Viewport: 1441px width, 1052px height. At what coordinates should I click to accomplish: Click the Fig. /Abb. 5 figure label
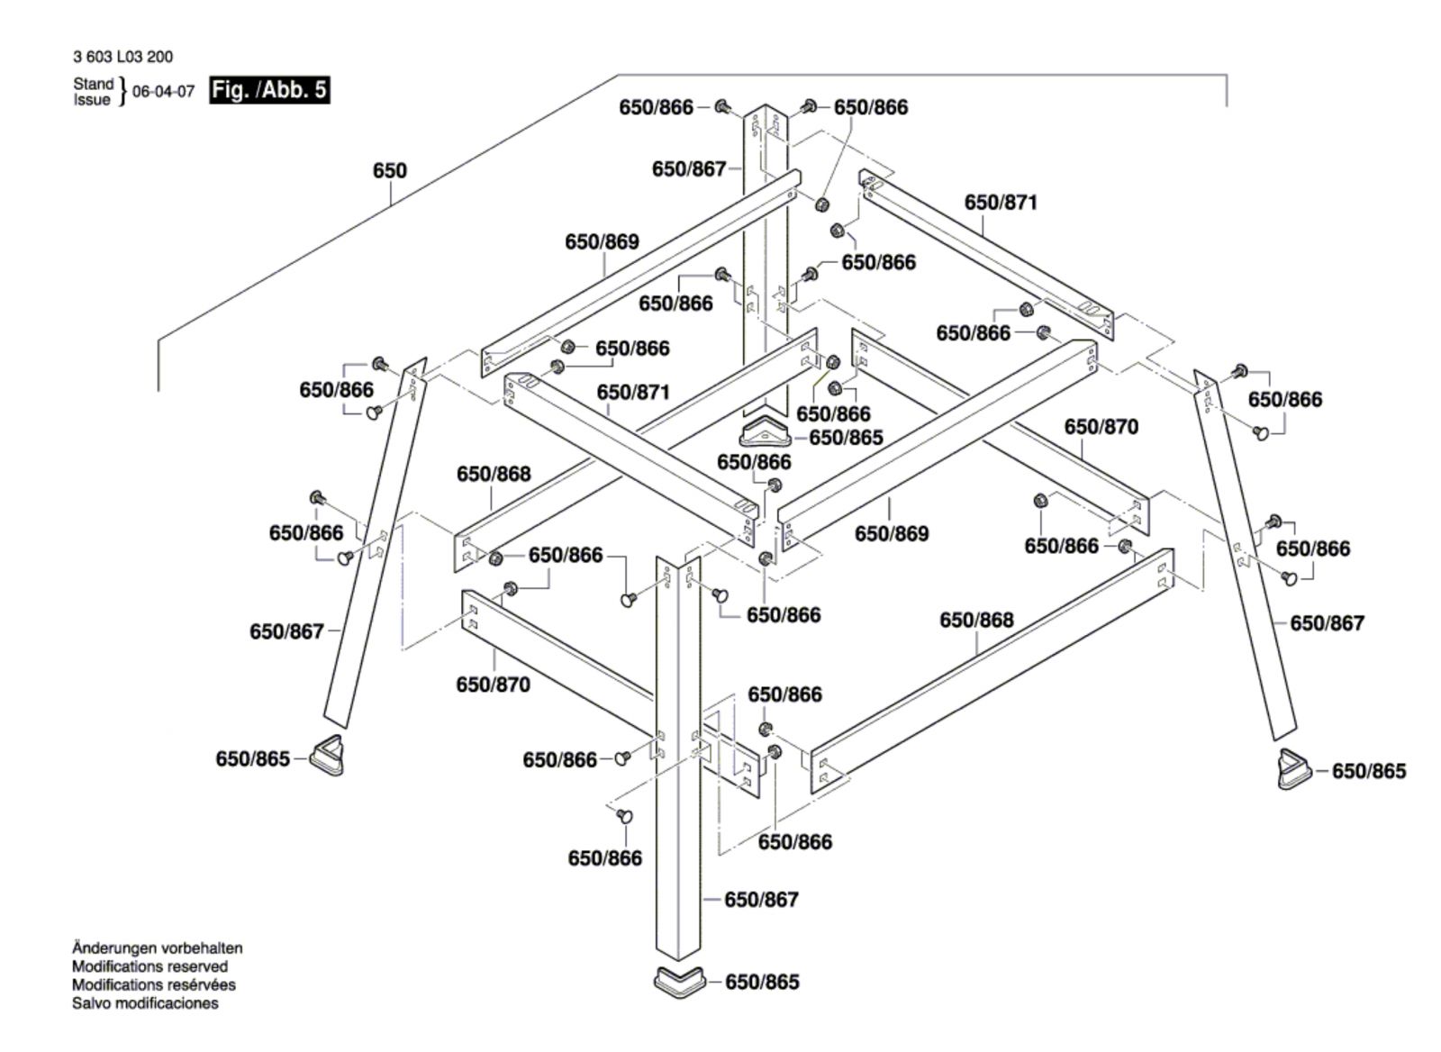coord(269,90)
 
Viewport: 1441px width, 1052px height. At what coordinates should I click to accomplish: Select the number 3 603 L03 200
coord(122,58)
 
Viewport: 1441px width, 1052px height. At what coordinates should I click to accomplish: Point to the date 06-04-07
coord(163,91)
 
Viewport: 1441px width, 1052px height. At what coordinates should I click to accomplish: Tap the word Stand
coord(94,84)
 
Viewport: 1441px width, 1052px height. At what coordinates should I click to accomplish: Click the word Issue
coord(91,100)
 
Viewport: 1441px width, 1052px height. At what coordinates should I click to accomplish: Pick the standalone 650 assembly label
coord(390,170)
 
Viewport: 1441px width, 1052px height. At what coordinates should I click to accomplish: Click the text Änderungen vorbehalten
coord(158,948)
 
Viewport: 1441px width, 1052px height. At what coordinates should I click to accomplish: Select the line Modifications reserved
coord(150,966)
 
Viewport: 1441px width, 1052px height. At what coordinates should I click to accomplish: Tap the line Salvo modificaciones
coord(145,1003)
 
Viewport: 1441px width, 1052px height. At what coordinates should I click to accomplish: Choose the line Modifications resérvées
coord(154,984)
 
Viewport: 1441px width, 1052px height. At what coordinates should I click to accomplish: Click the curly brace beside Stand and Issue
coord(122,92)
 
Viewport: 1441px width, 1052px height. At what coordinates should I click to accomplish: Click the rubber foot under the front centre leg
coord(679,981)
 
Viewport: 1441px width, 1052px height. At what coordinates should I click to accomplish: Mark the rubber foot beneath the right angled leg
coord(1293,769)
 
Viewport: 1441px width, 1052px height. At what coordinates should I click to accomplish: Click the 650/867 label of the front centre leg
coord(762,900)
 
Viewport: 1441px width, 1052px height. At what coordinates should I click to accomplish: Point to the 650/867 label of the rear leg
coord(689,169)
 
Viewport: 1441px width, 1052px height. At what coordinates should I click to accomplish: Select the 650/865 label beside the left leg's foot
coord(253,759)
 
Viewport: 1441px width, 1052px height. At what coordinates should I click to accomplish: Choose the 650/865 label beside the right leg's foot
coord(1369,771)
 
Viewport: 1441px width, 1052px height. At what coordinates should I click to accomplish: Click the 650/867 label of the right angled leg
coord(1328,623)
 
